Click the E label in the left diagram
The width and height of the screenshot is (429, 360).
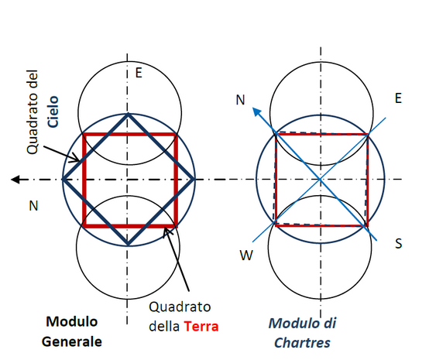click(x=139, y=73)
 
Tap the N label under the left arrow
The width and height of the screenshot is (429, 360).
click(x=33, y=206)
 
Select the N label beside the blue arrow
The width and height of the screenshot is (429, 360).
click(x=240, y=100)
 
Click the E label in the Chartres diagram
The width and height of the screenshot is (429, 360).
click(x=398, y=98)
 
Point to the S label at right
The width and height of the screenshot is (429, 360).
click(x=398, y=243)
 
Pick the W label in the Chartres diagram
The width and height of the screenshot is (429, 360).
click(x=246, y=255)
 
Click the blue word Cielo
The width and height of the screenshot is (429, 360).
click(x=53, y=111)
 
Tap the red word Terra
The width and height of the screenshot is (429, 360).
click(x=201, y=327)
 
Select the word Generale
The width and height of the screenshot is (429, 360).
click(x=72, y=341)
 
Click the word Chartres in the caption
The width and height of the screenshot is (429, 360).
click(x=302, y=343)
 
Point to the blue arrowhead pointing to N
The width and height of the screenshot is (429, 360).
click(x=256, y=111)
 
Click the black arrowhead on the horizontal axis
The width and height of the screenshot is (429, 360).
click(x=15, y=180)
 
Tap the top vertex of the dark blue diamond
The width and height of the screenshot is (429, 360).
click(x=128, y=114)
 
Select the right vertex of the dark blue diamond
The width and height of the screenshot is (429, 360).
click(x=194, y=180)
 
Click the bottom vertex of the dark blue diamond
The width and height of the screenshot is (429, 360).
click(x=128, y=245)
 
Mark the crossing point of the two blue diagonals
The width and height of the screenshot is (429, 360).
click(x=320, y=180)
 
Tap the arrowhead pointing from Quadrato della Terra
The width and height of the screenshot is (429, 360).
click(x=166, y=231)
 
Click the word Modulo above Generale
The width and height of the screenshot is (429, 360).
click(x=72, y=322)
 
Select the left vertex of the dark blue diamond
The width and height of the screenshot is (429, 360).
click(x=63, y=180)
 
